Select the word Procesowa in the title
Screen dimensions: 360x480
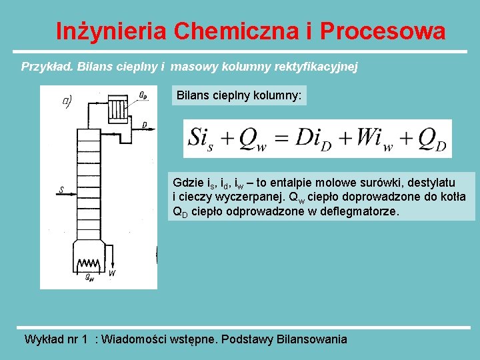tap(383, 31)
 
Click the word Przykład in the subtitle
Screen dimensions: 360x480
tap(47, 67)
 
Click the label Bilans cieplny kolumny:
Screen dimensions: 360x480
tap(239, 96)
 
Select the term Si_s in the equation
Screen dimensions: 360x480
tap(203, 139)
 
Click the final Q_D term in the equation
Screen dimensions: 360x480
tap(431, 139)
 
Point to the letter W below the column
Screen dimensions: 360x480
tap(111, 273)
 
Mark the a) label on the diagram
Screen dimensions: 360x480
tap(67, 101)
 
